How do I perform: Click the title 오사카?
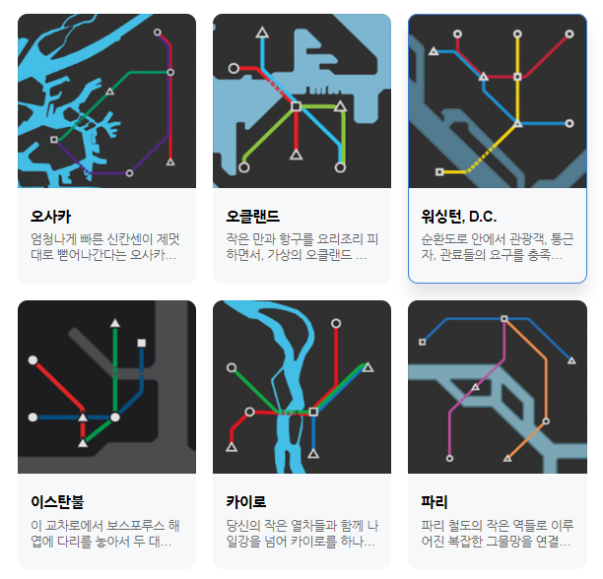pyautogui.click(x=51, y=216)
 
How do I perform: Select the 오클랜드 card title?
pyautogui.click(x=252, y=216)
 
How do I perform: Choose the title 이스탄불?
pyautogui.click(x=57, y=502)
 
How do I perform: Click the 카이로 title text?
pyautogui.click(x=246, y=502)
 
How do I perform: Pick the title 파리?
pyautogui.click(x=434, y=502)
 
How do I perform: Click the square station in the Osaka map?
pyautogui.click(x=53, y=140)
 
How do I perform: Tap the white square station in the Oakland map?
pyautogui.click(x=296, y=104)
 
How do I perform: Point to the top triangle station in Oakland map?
pyautogui.click(x=263, y=33)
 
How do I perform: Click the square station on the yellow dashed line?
pyautogui.click(x=439, y=172)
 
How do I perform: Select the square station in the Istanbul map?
pyautogui.click(x=142, y=343)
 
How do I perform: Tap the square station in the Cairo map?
pyautogui.click(x=313, y=412)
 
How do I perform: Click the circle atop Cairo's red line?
pyautogui.click(x=337, y=323)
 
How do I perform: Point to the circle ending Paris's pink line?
pyautogui.click(x=450, y=458)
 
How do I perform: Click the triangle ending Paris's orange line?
pyautogui.click(x=508, y=458)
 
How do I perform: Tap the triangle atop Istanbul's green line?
pyautogui.click(x=115, y=322)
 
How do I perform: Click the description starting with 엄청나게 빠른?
pyautogui.click(x=106, y=247)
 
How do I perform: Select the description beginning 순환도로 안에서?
pyautogui.click(x=498, y=247)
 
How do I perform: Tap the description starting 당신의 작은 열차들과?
pyautogui.click(x=301, y=533)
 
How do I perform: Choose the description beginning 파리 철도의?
pyautogui.click(x=498, y=533)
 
